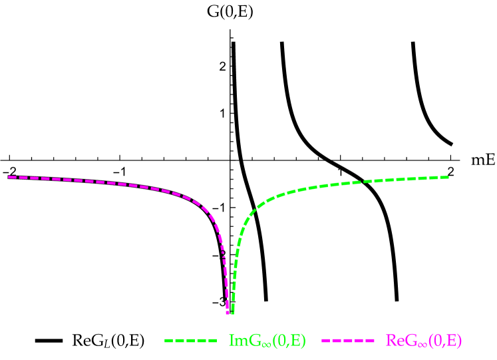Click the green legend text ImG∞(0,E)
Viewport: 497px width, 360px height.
point(267,341)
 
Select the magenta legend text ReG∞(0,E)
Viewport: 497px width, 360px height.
point(423,341)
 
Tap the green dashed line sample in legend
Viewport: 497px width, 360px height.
point(191,341)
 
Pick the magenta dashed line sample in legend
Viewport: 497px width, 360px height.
point(348,341)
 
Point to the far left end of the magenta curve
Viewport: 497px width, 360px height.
point(9,177)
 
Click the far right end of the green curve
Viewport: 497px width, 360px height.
point(448,177)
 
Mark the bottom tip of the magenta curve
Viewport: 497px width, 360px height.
point(228,313)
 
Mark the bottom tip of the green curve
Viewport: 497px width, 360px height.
point(232,313)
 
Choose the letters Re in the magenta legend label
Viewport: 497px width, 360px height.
point(394,341)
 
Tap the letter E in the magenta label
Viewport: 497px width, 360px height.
point(452,341)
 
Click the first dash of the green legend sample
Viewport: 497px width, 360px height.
point(169,341)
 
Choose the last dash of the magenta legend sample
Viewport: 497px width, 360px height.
point(369,341)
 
